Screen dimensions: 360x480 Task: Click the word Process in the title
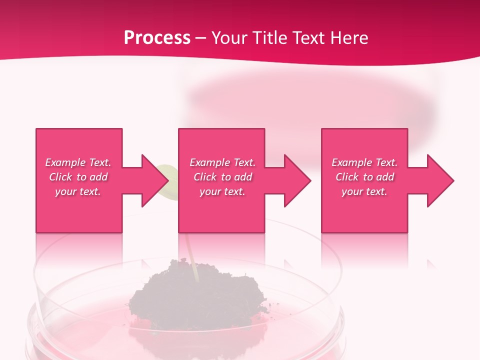click(x=157, y=38)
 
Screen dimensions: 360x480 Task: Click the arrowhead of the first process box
click(x=155, y=180)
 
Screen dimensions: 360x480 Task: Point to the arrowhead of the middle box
click(x=297, y=180)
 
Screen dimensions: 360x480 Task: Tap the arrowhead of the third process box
click(x=440, y=180)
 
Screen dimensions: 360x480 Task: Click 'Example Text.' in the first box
click(x=78, y=162)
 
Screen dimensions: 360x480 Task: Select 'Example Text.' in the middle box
click(x=222, y=162)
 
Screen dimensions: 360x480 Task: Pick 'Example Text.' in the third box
click(x=364, y=162)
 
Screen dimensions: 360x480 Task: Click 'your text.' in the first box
click(x=78, y=191)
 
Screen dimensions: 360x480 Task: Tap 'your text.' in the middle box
click(x=222, y=191)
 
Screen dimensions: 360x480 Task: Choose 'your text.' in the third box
click(x=364, y=191)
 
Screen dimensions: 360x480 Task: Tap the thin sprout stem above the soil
click(x=190, y=252)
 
